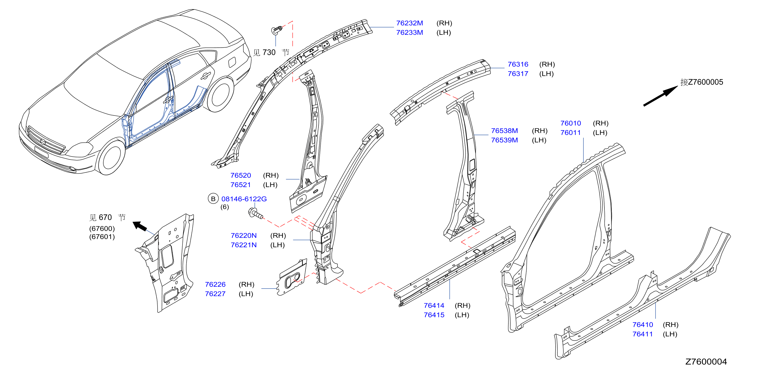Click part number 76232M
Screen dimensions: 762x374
(409, 23)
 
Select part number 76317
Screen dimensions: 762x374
(518, 74)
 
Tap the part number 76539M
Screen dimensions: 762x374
(504, 140)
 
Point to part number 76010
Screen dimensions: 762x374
(570, 123)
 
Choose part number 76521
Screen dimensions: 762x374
(240, 185)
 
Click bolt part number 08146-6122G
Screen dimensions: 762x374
(244, 199)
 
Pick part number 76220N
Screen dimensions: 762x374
(243, 236)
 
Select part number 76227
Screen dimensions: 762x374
(215, 294)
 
